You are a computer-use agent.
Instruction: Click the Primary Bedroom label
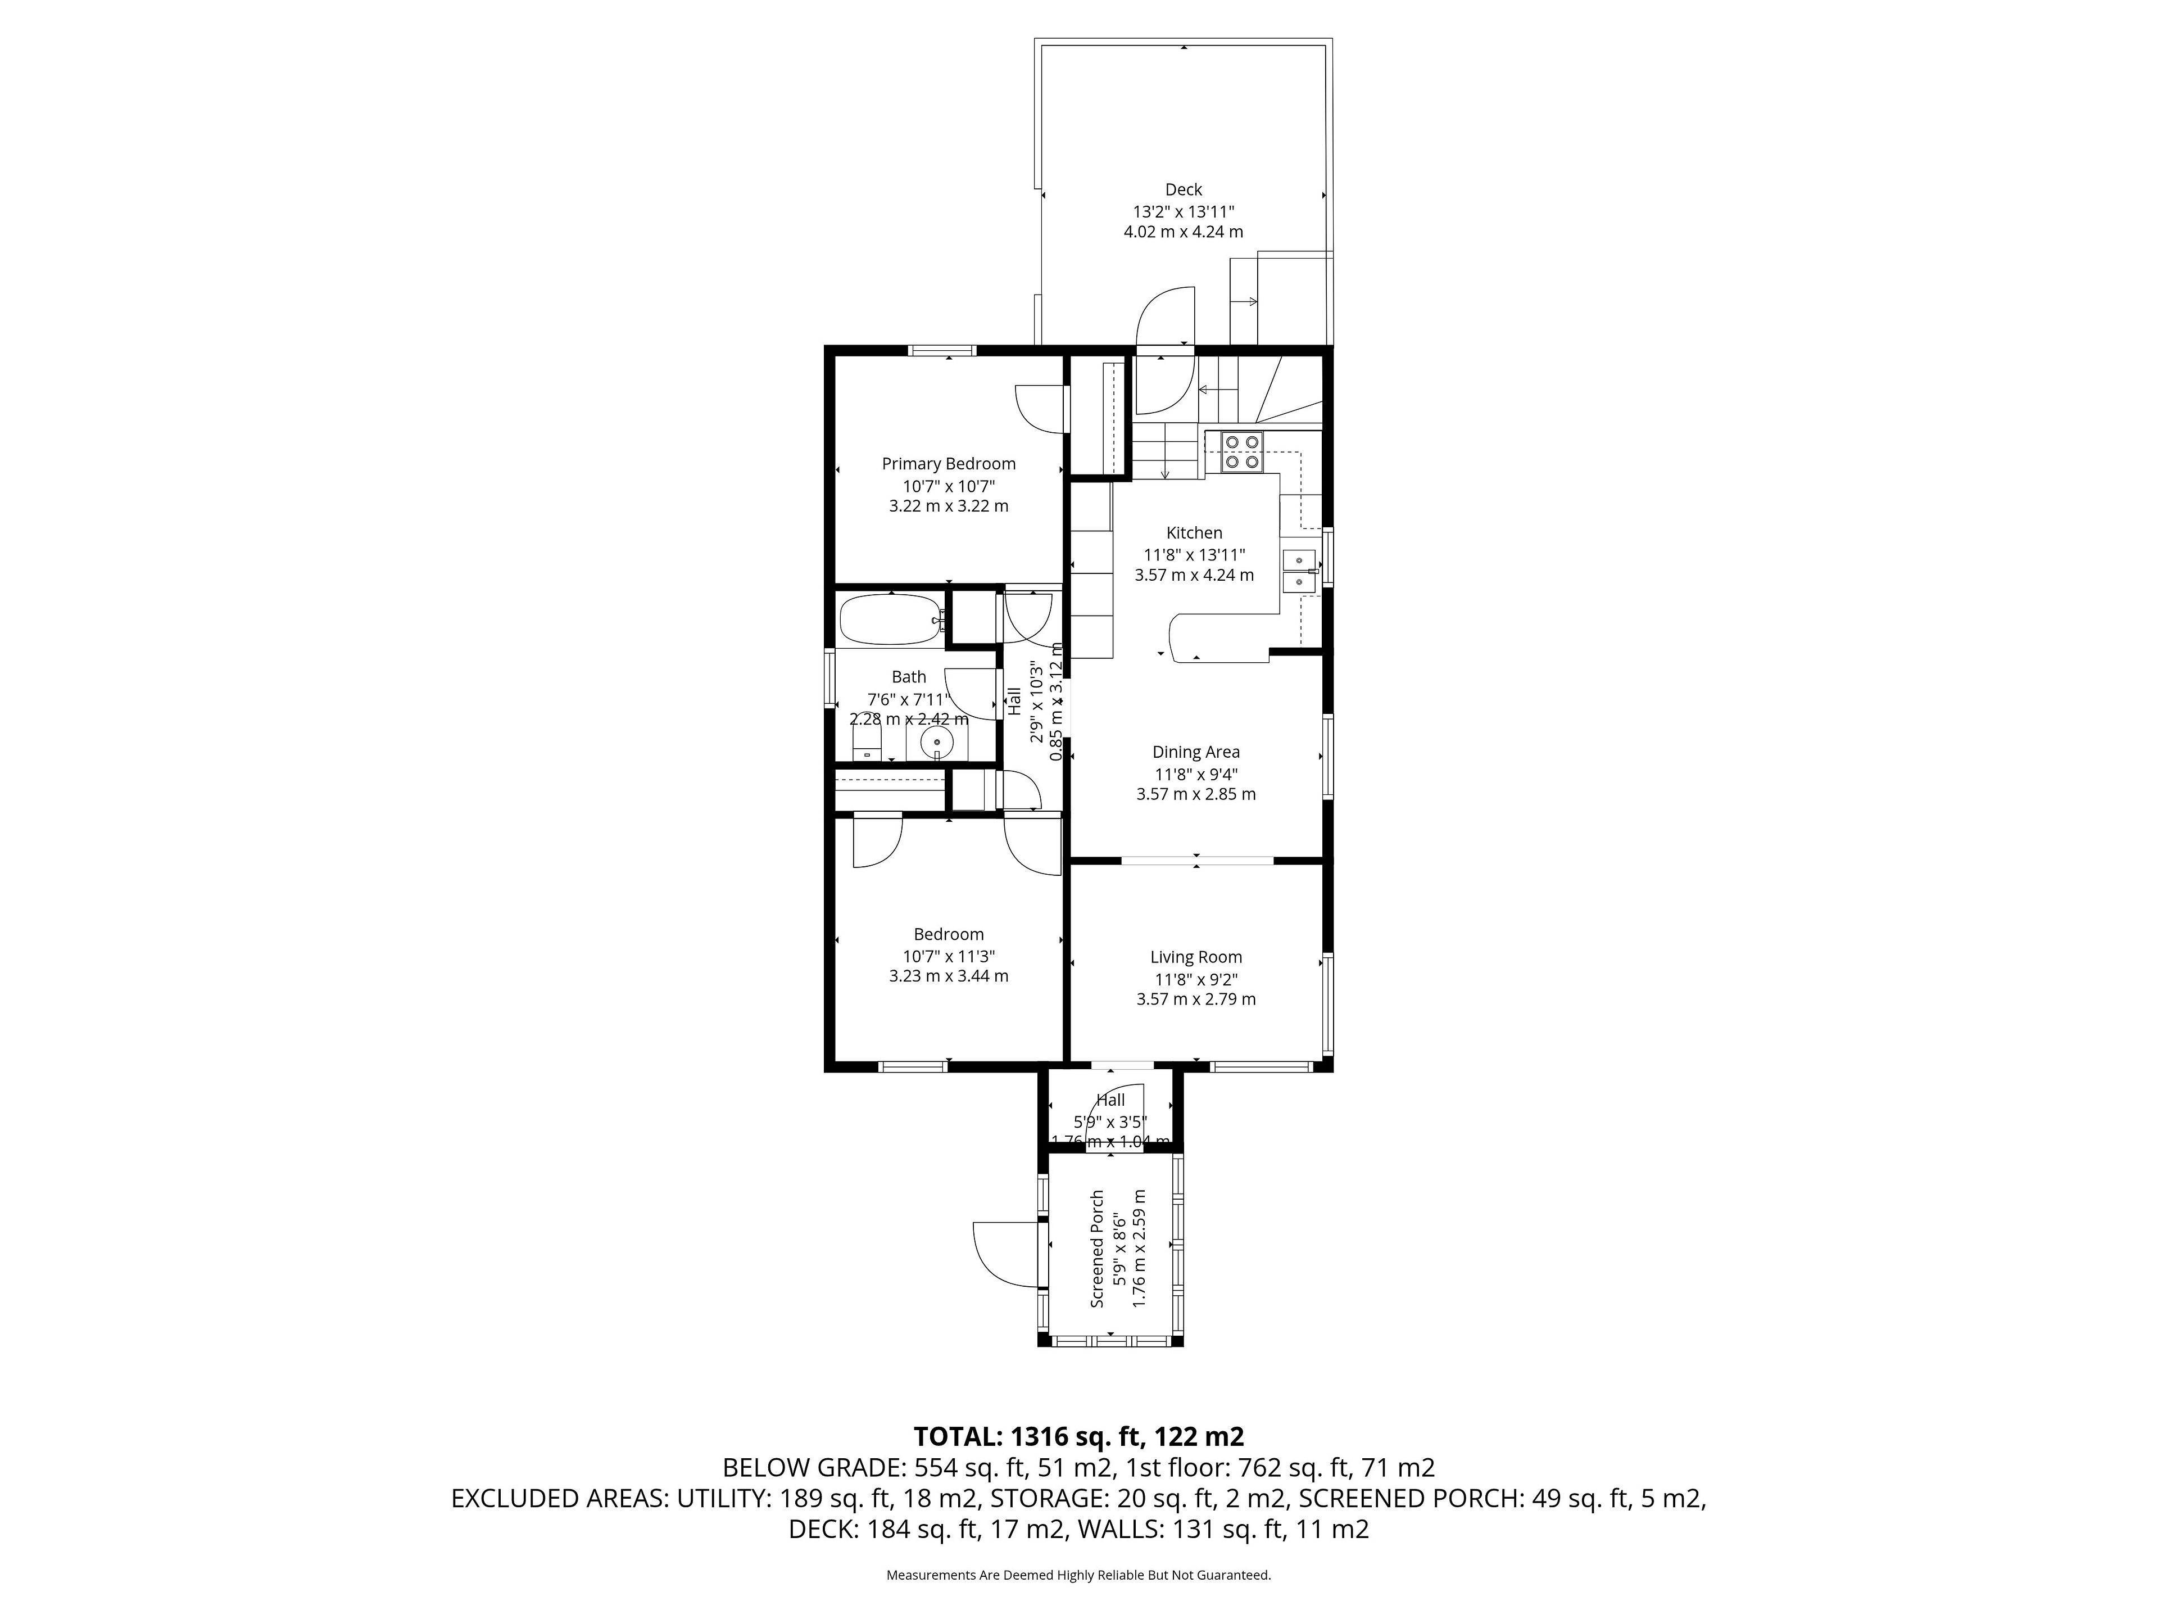tap(948, 464)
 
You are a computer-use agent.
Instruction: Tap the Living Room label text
tap(1195, 957)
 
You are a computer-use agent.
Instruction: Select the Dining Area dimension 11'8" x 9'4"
tap(1195, 774)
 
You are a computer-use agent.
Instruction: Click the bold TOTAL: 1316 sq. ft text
tap(1078, 1436)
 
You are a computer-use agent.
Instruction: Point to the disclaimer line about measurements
tap(1078, 1575)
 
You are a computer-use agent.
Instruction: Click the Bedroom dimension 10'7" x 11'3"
tap(948, 956)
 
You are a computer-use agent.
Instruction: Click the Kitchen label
tap(1194, 533)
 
